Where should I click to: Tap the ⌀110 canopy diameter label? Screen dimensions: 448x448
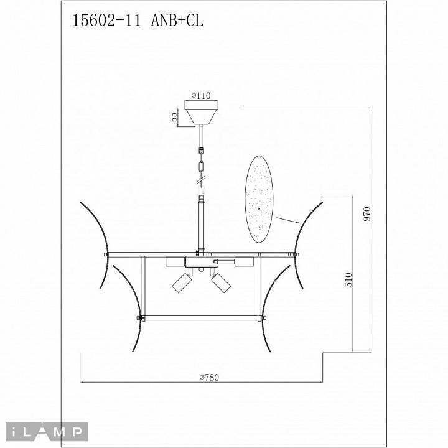click(200, 95)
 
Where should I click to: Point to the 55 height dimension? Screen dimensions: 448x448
click(174, 116)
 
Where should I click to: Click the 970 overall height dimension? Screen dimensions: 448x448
click(366, 215)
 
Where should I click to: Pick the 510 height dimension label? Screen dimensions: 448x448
click(348, 280)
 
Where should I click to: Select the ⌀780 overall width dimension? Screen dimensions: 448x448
click(210, 377)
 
